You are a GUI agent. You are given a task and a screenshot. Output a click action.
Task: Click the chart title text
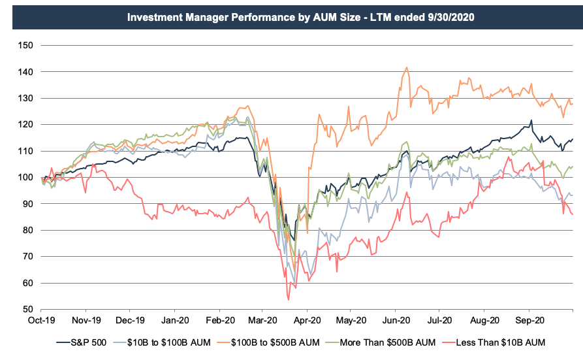pyautogui.click(x=291, y=15)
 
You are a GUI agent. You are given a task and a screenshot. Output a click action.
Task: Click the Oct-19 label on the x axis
pyautogui.click(x=42, y=321)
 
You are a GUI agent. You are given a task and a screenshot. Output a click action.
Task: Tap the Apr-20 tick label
pyautogui.click(x=307, y=321)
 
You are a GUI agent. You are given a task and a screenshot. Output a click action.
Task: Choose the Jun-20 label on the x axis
pyautogui.click(x=396, y=321)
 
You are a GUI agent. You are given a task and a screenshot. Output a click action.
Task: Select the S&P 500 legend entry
pyautogui.click(x=86, y=342)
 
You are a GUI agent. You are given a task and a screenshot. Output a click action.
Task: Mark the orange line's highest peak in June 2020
pyautogui.click(x=406, y=67)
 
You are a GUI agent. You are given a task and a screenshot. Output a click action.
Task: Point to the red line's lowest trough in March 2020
pyautogui.click(x=288, y=299)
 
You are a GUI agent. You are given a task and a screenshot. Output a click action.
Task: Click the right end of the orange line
pyautogui.click(x=573, y=104)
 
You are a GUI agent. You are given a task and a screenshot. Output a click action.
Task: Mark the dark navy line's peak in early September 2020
pyautogui.click(x=531, y=121)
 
